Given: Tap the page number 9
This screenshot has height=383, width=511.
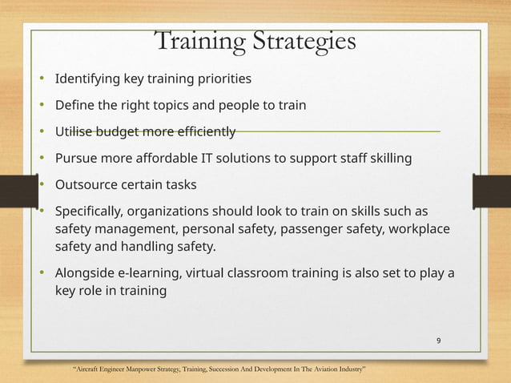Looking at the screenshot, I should [x=438, y=341].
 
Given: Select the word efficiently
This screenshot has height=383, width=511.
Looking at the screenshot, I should [x=203, y=131].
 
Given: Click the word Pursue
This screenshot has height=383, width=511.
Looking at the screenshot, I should [x=74, y=158].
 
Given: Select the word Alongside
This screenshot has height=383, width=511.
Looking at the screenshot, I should [x=83, y=274].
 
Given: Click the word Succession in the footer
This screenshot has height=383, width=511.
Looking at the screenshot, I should [x=227, y=369].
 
